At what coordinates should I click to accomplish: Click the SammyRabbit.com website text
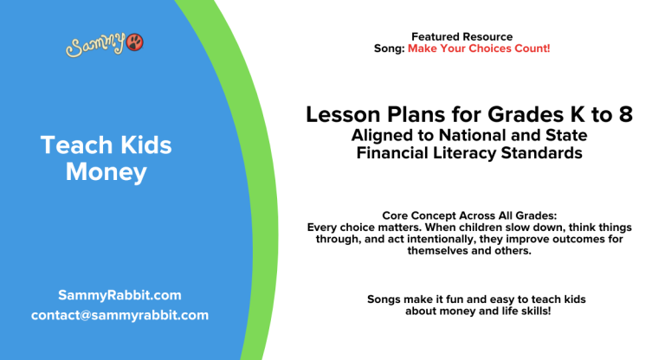tap(119, 295)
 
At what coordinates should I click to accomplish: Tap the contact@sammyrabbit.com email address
tap(119, 315)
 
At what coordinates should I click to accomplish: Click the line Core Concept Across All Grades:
tap(468, 215)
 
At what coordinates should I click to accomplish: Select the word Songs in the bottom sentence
tap(384, 299)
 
